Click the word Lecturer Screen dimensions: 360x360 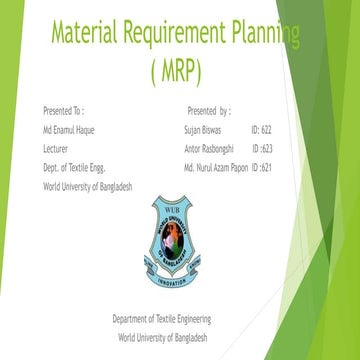tap(56, 146)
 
